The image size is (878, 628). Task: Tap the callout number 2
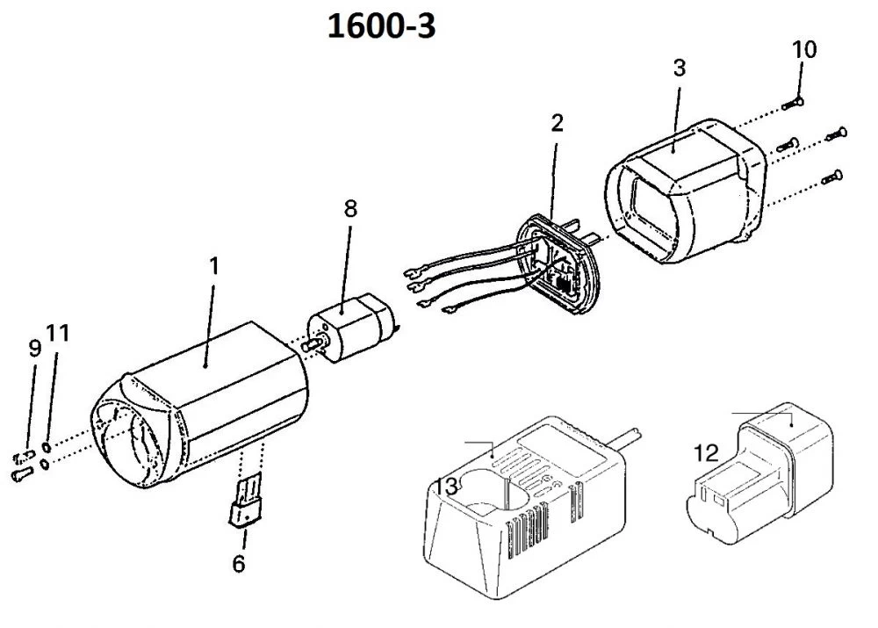coord(557,123)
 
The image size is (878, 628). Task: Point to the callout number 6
coord(239,563)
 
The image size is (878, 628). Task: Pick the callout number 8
coord(350,208)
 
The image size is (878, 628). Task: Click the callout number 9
coord(34,348)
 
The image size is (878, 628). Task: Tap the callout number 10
coord(803,49)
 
